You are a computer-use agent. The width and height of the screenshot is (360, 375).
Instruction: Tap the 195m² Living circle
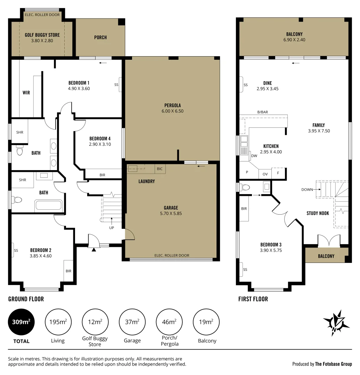pos(58,322)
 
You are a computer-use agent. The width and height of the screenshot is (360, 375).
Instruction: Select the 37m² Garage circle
pos(132,322)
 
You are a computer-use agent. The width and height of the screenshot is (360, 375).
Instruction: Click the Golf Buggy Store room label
pos(42,35)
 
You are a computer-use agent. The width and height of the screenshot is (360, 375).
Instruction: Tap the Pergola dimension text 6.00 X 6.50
pos(173,111)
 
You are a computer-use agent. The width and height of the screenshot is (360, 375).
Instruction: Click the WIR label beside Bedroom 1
pos(26,93)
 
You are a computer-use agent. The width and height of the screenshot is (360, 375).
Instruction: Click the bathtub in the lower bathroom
pos(49,205)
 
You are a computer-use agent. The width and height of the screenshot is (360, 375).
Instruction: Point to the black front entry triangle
pos(93,249)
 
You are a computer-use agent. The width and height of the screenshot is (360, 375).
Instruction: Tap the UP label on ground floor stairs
pos(112,228)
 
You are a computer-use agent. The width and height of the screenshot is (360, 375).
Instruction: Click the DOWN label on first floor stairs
pos(307,190)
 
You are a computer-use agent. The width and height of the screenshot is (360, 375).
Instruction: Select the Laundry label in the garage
pos(146,181)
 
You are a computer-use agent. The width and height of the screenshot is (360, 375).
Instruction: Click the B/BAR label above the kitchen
pos(263,112)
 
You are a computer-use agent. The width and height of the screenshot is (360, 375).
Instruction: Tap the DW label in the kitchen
pos(254,156)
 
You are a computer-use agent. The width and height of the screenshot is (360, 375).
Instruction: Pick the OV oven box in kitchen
pos(265,174)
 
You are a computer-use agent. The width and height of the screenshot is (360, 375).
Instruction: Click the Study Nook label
pos(318,213)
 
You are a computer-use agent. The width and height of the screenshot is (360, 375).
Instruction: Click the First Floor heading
pos(253,299)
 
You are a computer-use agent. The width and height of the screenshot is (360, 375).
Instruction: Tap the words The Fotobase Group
pos(333,364)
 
